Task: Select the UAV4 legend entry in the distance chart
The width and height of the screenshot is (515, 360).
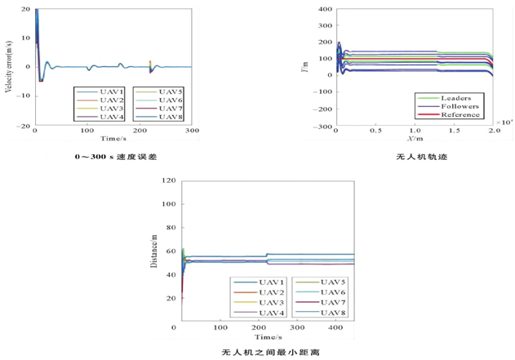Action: (x=270, y=313)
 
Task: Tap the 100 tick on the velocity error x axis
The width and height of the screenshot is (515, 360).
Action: (x=87, y=131)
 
